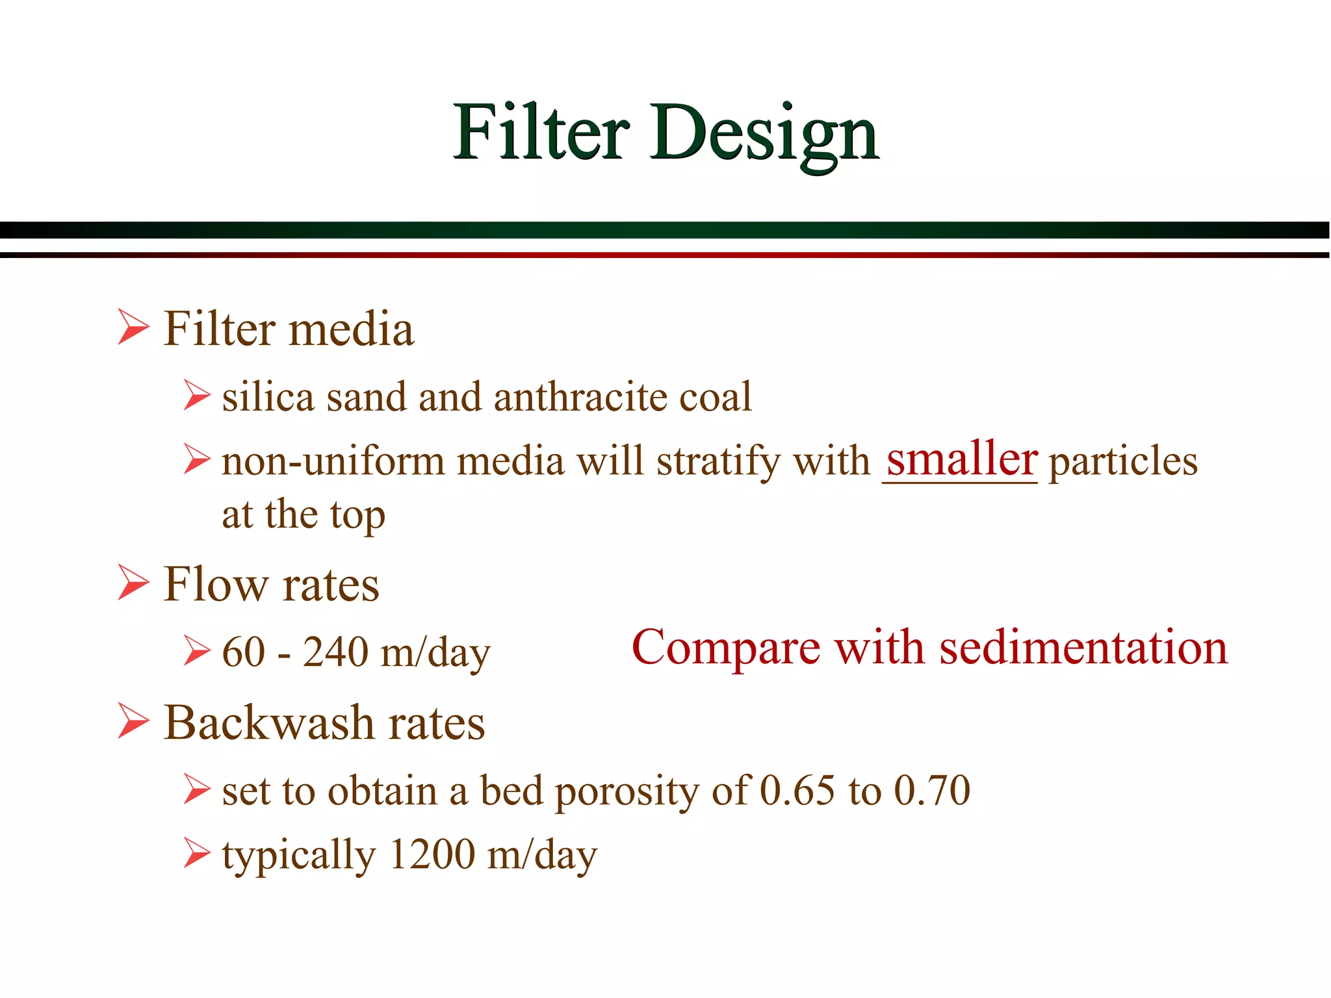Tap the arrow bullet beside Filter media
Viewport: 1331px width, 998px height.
tap(133, 327)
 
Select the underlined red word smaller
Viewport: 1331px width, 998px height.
tap(961, 459)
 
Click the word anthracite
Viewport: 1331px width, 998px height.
tap(580, 397)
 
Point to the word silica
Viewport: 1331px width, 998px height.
tap(268, 397)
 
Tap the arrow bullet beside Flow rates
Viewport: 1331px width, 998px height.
tap(133, 582)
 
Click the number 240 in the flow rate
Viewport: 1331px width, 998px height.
tap(336, 652)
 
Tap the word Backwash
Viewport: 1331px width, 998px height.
tap(269, 723)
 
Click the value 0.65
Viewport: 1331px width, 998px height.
tap(797, 791)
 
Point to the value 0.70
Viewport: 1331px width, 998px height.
tap(931, 791)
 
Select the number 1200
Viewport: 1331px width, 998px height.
tap(432, 854)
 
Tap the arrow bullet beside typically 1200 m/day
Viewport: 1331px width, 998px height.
tap(196, 853)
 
